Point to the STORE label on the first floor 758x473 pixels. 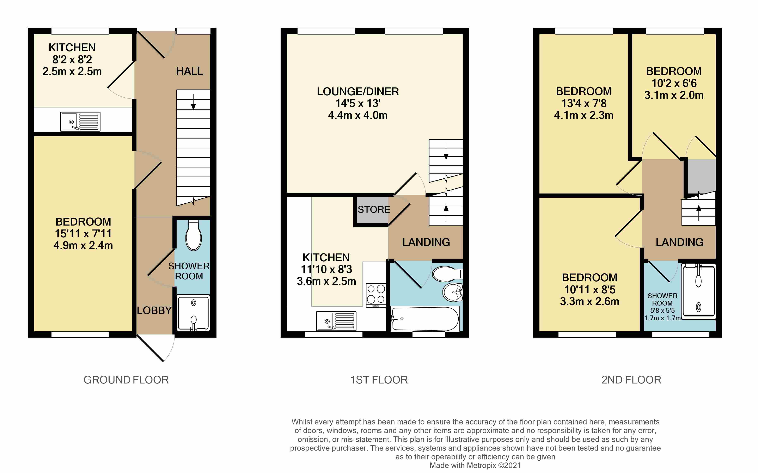coord(374,210)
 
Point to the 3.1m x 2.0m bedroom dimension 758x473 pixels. coord(674,95)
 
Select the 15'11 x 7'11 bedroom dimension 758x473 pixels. coord(83,233)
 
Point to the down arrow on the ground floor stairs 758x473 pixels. coord(193,102)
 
